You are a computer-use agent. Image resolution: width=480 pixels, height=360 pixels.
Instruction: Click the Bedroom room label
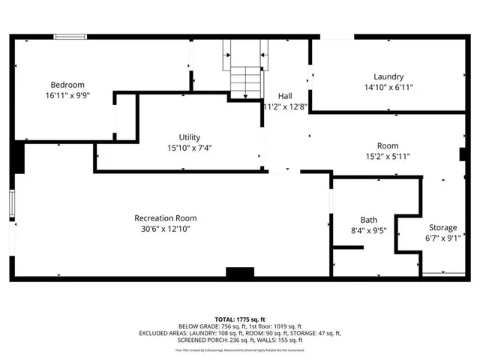(67, 85)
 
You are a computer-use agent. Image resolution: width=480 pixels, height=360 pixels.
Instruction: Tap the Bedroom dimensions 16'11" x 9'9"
(67, 96)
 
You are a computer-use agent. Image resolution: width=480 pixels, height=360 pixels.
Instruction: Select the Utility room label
(189, 136)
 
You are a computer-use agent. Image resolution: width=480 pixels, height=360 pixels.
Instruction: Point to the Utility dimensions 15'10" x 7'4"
(189, 148)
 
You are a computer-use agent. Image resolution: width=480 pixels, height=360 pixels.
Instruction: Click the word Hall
(285, 96)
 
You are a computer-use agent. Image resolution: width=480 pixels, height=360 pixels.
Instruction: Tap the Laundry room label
(388, 76)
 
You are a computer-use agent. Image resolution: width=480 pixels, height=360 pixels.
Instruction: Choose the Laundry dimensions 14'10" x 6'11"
(388, 88)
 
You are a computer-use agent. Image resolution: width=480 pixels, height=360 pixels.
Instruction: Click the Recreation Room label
(166, 218)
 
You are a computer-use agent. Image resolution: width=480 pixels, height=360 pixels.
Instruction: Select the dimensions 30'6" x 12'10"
(166, 229)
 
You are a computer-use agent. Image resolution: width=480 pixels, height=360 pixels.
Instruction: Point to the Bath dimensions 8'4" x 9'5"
(368, 232)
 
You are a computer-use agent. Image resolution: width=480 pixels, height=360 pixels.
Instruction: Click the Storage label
(442, 227)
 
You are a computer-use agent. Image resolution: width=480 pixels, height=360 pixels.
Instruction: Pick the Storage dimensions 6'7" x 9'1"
(442, 238)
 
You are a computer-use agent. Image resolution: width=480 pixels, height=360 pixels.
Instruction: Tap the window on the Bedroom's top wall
(70, 36)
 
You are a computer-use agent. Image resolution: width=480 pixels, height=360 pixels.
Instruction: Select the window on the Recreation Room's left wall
(12, 204)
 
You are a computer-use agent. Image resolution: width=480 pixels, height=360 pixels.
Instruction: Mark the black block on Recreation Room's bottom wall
(241, 274)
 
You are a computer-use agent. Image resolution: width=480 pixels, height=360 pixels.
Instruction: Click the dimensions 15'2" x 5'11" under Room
(388, 157)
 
